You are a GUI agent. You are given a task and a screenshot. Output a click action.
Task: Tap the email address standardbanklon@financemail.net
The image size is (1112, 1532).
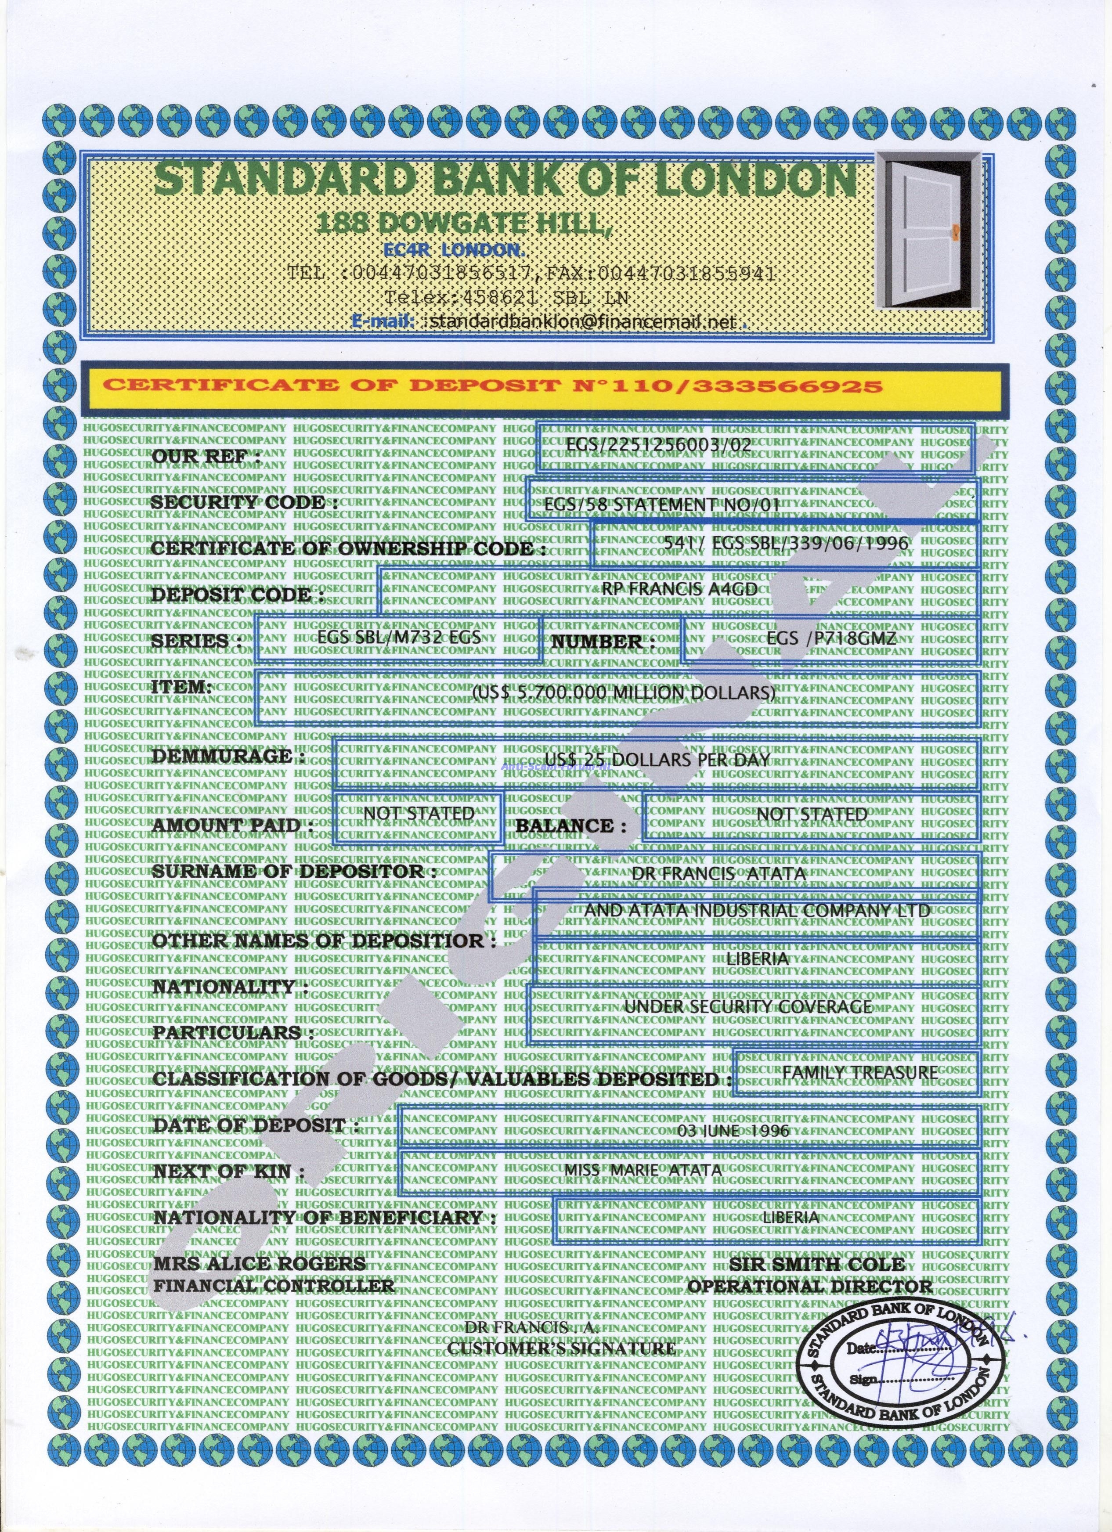(x=582, y=322)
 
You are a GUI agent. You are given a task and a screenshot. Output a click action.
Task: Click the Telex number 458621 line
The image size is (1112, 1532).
(x=507, y=297)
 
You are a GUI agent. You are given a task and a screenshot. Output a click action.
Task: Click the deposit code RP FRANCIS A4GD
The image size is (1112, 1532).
(x=679, y=588)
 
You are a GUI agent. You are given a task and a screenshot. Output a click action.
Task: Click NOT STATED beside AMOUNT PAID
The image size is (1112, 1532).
(x=419, y=814)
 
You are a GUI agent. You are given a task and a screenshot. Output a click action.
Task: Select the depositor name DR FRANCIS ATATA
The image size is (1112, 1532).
(x=719, y=873)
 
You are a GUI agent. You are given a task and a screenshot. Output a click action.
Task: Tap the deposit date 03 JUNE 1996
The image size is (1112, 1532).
(x=733, y=1130)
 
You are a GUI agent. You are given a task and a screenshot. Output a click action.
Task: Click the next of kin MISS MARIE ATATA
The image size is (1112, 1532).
(x=643, y=1170)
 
